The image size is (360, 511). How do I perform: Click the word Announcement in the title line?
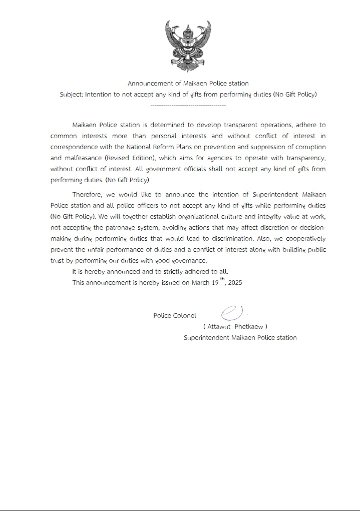[151, 83]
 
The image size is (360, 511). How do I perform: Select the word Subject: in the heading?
[71, 94]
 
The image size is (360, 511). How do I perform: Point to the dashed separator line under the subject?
[188, 105]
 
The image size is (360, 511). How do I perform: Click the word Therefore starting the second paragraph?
[90, 194]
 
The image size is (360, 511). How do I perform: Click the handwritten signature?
[232, 313]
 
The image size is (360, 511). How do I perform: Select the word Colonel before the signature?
[185, 316]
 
